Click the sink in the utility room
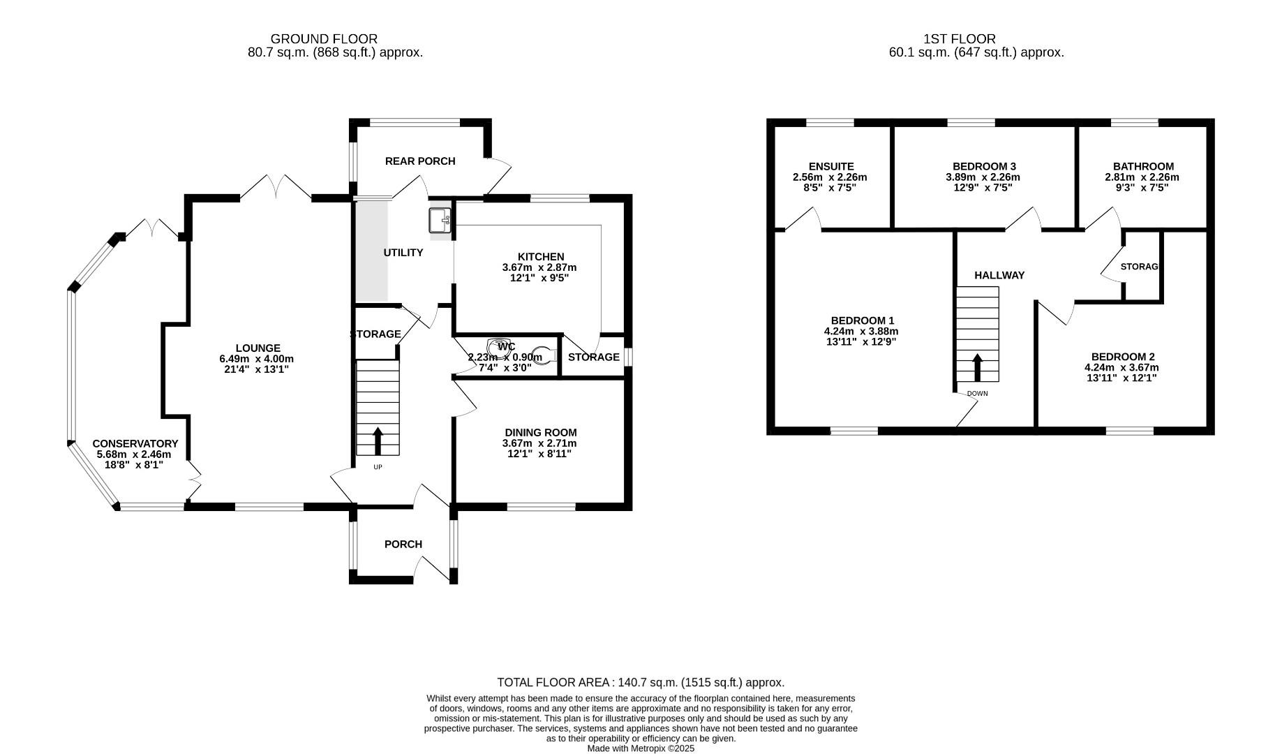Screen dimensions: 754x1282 [x=440, y=220]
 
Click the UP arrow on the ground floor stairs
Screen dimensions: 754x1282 [x=378, y=441]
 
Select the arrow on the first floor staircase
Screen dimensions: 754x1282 [x=978, y=367]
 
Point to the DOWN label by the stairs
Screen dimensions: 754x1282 [x=977, y=394]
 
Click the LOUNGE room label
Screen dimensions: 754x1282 [x=258, y=348]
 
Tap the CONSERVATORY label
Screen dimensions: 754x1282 [x=135, y=443]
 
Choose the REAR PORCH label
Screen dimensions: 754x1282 [x=420, y=161]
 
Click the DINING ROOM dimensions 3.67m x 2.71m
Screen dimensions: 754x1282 [x=539, y=443]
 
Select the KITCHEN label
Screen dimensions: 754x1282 [x=541, y=257]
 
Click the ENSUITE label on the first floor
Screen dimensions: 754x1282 [x=831, y=166]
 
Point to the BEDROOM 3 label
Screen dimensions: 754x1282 [x=984, y=166]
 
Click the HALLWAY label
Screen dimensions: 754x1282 [x=999, y=275]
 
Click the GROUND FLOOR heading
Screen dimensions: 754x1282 [x=324, y=39]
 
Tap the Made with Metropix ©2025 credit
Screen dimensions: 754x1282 [x=641, y=748]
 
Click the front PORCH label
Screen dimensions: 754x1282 [x=403, y=544]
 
